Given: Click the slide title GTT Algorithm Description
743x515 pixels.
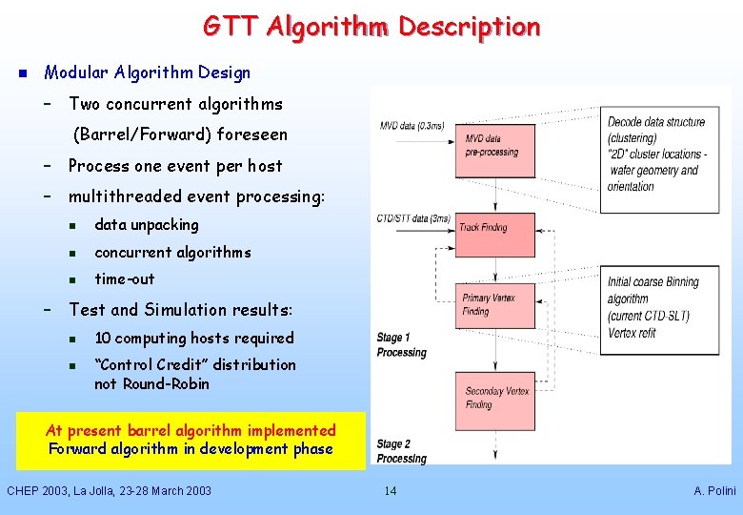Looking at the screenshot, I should (371, 27).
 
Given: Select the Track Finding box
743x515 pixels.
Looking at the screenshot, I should (495, 228).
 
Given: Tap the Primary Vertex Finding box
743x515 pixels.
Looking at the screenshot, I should (495, 304).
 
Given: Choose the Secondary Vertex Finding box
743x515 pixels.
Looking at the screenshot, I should (497, 398).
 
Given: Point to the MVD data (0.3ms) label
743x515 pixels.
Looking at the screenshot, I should (412, 126).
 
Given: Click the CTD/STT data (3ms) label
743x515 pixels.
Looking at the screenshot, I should (413, 218).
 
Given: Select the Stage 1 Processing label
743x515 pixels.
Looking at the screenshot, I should (401, 345).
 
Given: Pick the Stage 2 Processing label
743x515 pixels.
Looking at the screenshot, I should (401, 451).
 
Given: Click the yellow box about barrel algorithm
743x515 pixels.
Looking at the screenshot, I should (191, 440).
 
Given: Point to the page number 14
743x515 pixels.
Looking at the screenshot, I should (390, 490).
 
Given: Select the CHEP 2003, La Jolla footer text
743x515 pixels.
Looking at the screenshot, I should (109, 490).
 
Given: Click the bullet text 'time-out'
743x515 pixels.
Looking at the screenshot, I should (124, 278).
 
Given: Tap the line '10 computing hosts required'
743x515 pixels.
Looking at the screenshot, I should (193, 338).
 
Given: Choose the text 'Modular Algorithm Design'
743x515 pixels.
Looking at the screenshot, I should (148, 72).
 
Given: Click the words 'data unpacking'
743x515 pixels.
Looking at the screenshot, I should (147, 225).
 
